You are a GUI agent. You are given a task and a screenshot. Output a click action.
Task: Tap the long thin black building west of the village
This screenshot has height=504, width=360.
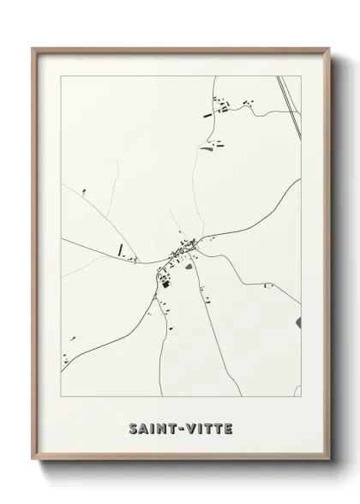(121, 250)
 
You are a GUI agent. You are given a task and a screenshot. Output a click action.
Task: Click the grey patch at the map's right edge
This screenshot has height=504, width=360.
(298, 322)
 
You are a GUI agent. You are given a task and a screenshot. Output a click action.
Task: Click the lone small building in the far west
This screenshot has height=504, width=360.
(84, 191)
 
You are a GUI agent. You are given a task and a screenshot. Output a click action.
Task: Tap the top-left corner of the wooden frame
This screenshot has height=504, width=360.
(33, 48)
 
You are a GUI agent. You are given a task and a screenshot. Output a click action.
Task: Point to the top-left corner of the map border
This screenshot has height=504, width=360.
(61, 77)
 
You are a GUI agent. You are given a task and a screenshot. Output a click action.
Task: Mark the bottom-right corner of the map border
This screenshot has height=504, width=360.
(301, 375)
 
